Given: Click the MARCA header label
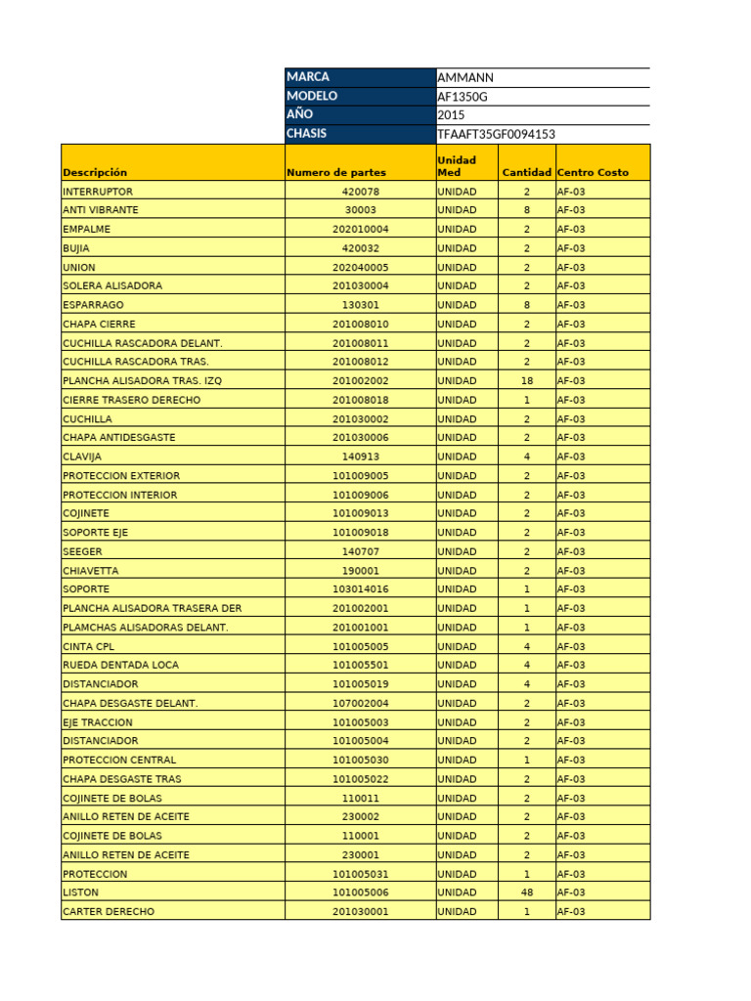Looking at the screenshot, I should [x=308, y=77].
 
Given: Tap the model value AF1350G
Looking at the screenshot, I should [x=464, y=96].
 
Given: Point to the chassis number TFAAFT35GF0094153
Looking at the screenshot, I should [x=497, y=134].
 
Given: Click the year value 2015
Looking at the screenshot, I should [x=451, y=115].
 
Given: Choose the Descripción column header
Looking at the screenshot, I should [x=95, y=172].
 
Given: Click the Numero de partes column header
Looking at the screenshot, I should [x=335, y=172].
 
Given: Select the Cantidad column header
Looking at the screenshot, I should [x=526, y=172].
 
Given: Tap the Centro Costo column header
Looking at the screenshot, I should [x=593, y=172].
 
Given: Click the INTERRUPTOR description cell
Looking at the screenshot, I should [x=98, y=192].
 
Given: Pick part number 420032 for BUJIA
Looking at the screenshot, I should [x=360, y=248].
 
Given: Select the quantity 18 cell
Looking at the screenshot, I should [x=526, y=381].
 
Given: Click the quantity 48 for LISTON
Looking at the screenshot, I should [x=526, y=892].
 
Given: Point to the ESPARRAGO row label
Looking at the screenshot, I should [x=93, y=305].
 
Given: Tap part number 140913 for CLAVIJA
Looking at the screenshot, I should [x=360, y=457].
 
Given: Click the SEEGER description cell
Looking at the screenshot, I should [x=82, y=551].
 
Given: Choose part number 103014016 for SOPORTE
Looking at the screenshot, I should [x=360, y=589].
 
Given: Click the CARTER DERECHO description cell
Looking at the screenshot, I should [x=108, y=911].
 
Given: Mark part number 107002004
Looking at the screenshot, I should [x=360, y=703].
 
